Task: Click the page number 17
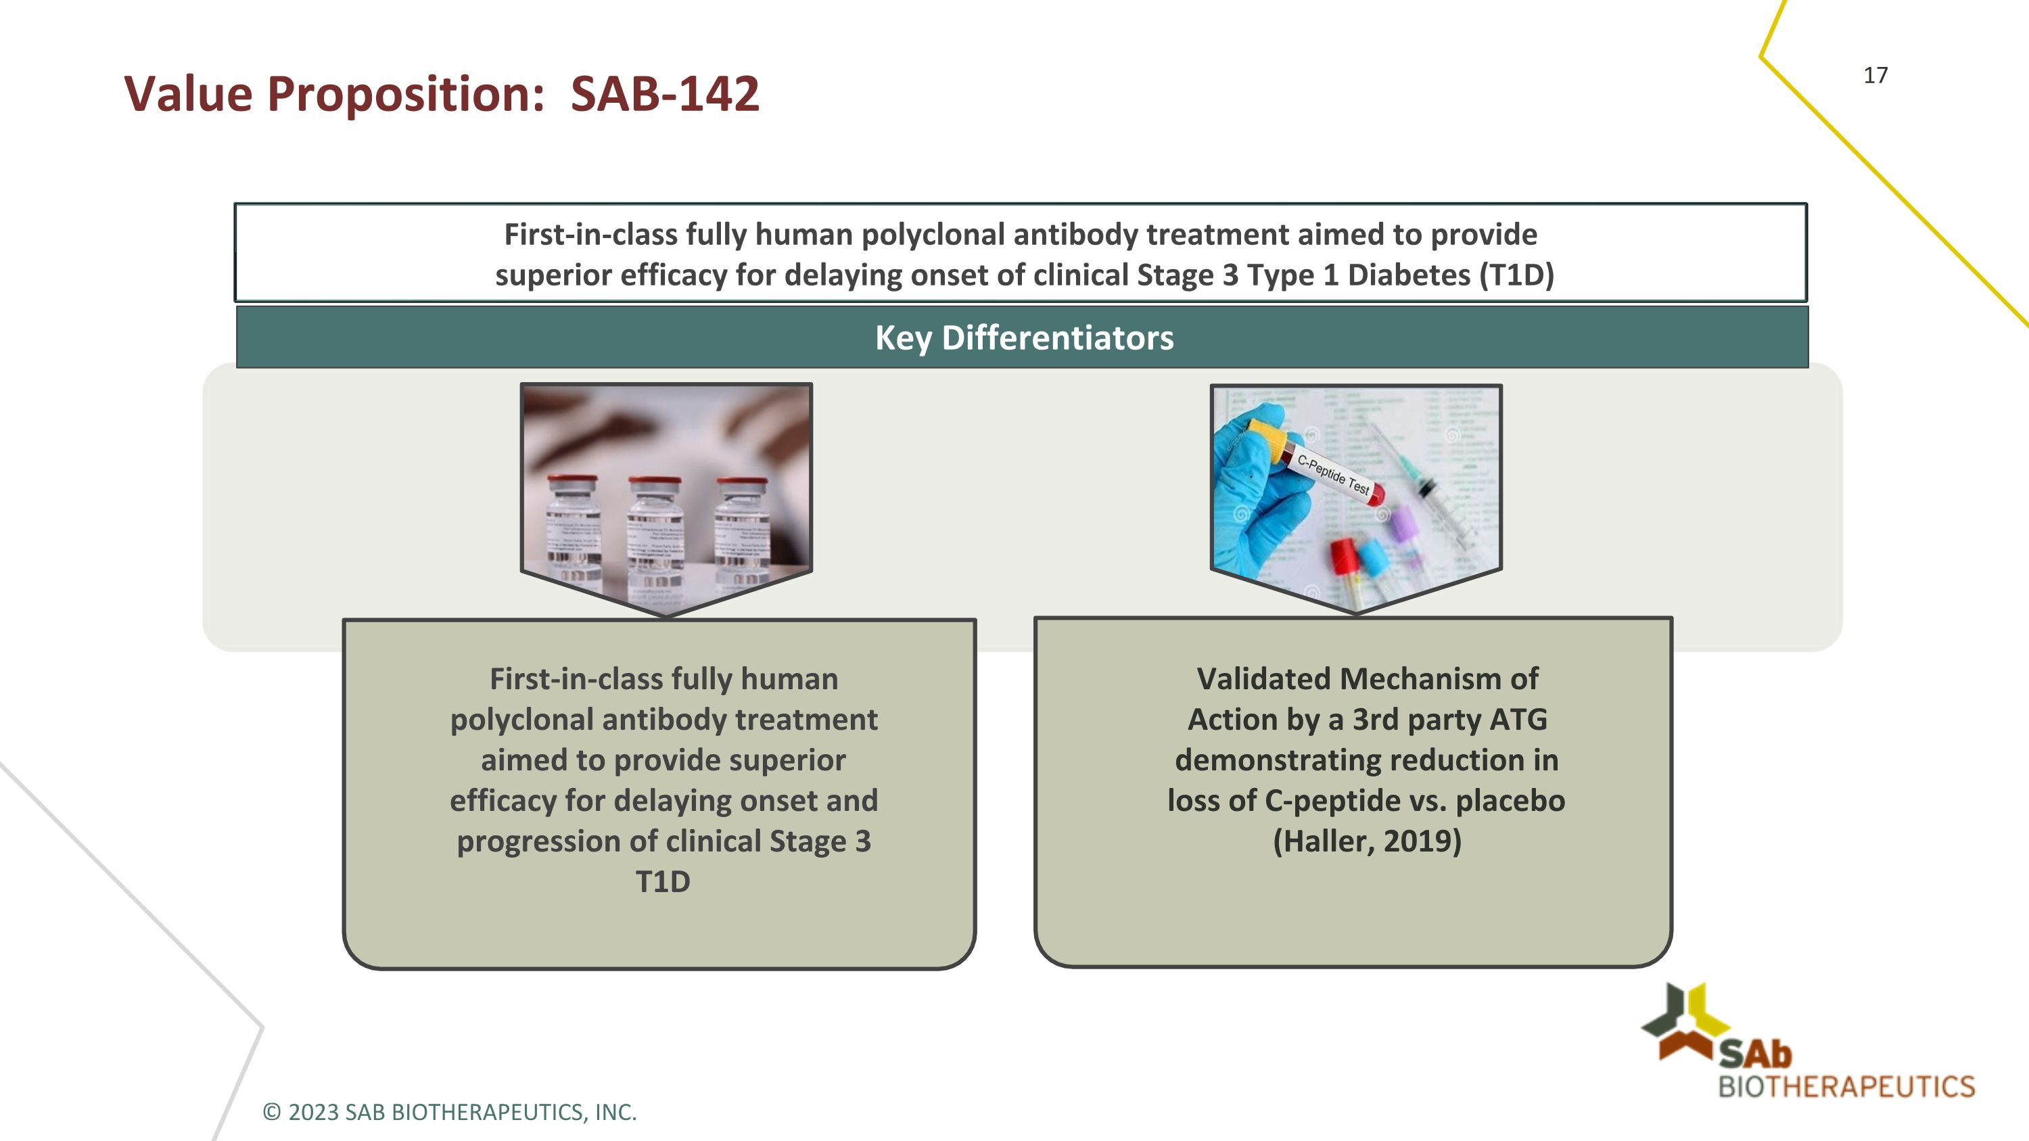point(1875,76)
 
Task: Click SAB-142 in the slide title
point(664,94)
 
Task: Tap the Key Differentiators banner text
point(1024,337)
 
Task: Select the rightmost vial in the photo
point(741,536)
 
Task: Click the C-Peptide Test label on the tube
point(1334,474)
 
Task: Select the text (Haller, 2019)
point(1367,841)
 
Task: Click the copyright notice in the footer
point(449,1112)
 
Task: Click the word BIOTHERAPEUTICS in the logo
point(1846,1087)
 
